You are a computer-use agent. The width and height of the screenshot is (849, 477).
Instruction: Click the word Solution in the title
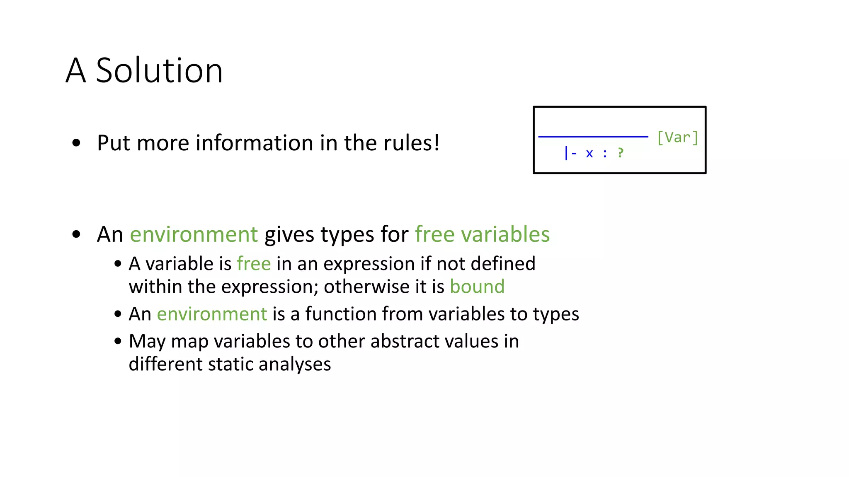(159, 71)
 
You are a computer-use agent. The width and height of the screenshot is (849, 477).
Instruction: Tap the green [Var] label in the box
(677, 137)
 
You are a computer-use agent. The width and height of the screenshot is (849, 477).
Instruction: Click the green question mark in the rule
(620, 153)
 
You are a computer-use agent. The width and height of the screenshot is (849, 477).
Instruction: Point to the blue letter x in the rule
(589, 154)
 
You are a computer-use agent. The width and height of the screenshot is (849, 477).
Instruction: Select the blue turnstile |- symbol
(570, 153)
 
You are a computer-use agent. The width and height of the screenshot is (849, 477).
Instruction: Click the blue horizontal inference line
(593, 136)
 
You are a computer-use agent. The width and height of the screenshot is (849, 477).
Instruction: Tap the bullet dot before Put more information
(76, 143)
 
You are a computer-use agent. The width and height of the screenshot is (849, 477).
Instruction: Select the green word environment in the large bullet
(194, 234)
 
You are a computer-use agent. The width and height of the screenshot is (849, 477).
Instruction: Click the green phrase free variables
(482, 234)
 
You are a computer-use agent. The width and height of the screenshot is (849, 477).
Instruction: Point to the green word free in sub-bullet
(254, 264)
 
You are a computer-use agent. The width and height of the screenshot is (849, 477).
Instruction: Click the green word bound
(477, 287)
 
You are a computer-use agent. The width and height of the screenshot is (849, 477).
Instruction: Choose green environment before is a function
(212, 314)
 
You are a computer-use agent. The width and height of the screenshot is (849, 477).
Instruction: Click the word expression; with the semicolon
(269, 287)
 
